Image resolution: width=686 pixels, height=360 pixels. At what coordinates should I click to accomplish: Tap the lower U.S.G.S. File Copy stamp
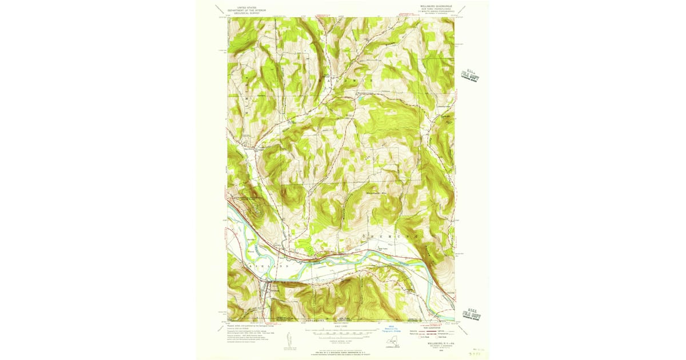click(472, 309)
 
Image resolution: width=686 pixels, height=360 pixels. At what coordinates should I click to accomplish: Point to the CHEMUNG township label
click(392, 235)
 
